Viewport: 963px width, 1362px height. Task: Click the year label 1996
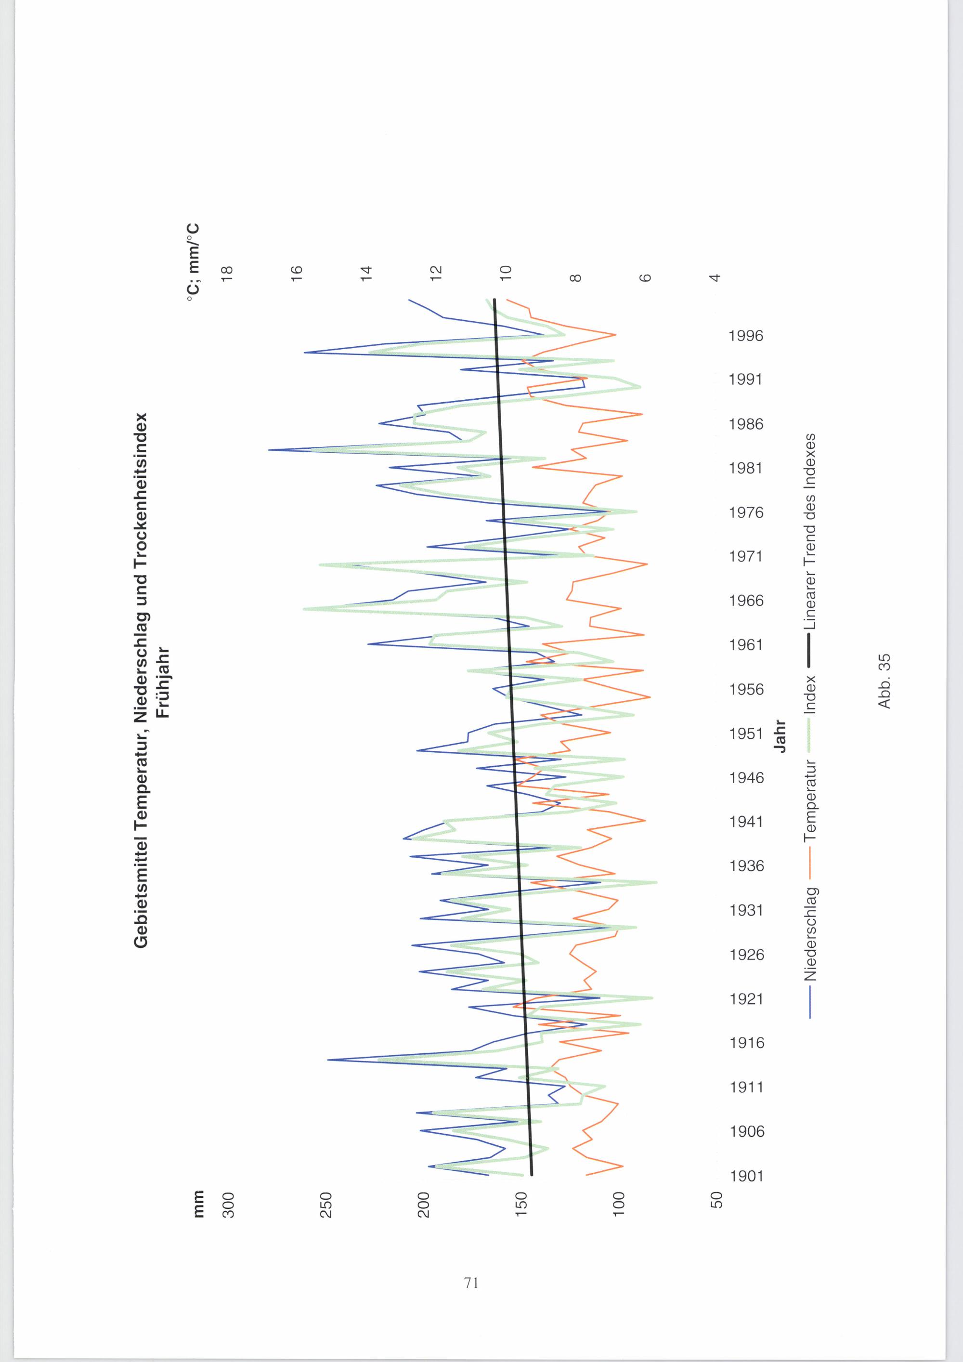tap(746, 336)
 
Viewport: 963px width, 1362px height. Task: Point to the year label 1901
tap(746, 1176)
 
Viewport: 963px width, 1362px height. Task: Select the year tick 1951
tap(746, 734)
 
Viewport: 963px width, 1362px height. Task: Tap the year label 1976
tap(746, 512)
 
